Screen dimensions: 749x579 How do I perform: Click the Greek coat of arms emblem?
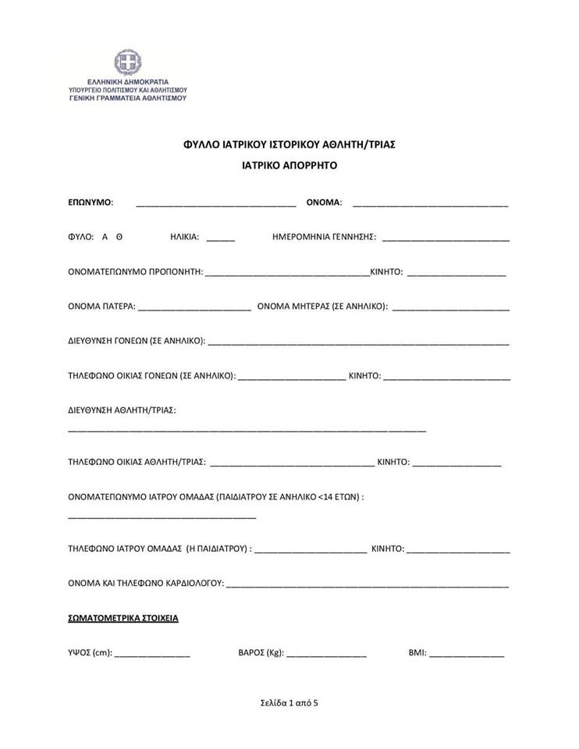127,62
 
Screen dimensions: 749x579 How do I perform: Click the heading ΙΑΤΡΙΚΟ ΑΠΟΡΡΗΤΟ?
289,166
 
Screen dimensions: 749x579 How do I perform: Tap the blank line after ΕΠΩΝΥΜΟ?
215,205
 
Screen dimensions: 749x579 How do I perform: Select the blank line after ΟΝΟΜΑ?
430,205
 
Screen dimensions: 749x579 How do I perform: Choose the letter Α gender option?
105,236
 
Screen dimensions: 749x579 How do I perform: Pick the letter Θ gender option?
119,236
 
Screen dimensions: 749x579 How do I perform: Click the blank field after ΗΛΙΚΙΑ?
221,240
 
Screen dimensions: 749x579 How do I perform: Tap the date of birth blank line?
446,240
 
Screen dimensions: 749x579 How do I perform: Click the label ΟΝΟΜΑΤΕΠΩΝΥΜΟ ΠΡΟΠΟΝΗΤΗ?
136,272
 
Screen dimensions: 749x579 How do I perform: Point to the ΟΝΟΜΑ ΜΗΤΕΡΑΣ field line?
450,310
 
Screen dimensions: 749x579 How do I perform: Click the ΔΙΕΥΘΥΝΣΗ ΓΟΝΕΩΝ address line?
358,344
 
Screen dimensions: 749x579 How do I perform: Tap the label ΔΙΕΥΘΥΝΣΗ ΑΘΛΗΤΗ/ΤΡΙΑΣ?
122,410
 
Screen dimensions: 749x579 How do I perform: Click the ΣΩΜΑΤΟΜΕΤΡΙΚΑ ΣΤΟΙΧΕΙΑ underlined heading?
123,618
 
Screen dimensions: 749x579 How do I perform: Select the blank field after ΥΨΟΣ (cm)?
152,656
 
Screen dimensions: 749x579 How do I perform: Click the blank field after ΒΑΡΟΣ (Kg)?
326,656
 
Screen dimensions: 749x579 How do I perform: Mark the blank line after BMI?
467,656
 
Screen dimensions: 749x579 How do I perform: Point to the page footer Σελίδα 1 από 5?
289,702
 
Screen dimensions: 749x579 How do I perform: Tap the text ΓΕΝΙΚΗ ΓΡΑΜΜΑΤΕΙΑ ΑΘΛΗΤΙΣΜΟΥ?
128,99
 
